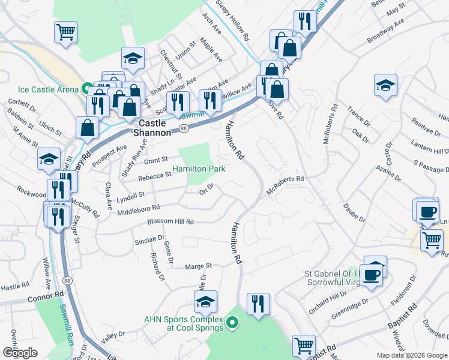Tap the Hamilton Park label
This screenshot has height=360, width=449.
tap(199, 169)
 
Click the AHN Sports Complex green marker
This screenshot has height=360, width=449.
tap(235, 324)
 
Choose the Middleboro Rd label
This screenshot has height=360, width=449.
tap(139, 209)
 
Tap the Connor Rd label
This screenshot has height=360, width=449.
tap(44, 296)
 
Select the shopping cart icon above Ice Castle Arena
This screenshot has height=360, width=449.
tap(66, 31)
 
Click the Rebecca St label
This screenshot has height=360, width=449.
tap(155, 176)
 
